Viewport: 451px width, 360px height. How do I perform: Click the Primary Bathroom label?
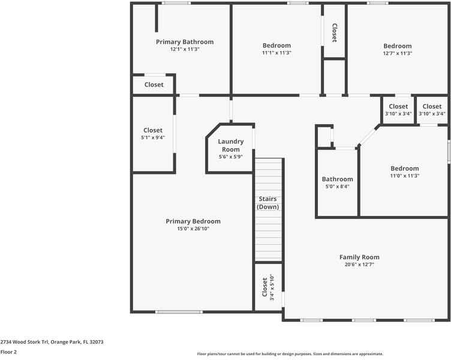click(185, 42)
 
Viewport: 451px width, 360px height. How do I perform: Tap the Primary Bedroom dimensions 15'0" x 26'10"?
click(193, 229)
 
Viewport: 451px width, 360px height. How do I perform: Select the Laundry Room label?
click(231, 145)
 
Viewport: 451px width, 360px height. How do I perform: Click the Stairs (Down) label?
click(267, 203)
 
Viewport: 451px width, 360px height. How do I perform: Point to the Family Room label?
click(359, 257)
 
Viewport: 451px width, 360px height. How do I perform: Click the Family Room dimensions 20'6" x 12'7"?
click(359, 265)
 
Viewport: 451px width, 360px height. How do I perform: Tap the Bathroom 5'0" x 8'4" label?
click(338, 182)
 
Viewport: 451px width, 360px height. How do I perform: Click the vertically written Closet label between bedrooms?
click(335, 33)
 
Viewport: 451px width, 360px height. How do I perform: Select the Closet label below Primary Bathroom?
click(154, 85)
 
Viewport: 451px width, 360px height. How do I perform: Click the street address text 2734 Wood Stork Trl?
click(25, 342)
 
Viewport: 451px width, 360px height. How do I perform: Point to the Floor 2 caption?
click(8, 352)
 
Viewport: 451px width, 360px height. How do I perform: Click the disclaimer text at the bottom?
click(290, 353)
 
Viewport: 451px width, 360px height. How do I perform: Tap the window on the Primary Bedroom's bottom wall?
click(179, 312)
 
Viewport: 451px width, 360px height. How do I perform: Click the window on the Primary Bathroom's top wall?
click(176, 3)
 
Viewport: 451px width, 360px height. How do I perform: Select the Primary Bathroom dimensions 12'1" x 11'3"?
click(185, 49)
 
